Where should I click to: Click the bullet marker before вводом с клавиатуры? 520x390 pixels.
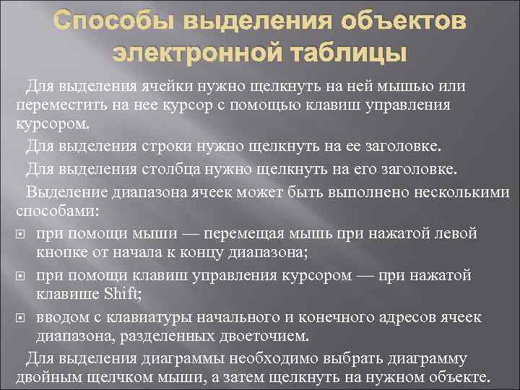pos(20,318)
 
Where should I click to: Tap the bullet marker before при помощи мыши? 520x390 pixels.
pos(20,235)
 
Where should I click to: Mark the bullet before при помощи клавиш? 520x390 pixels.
pos(20,277)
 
